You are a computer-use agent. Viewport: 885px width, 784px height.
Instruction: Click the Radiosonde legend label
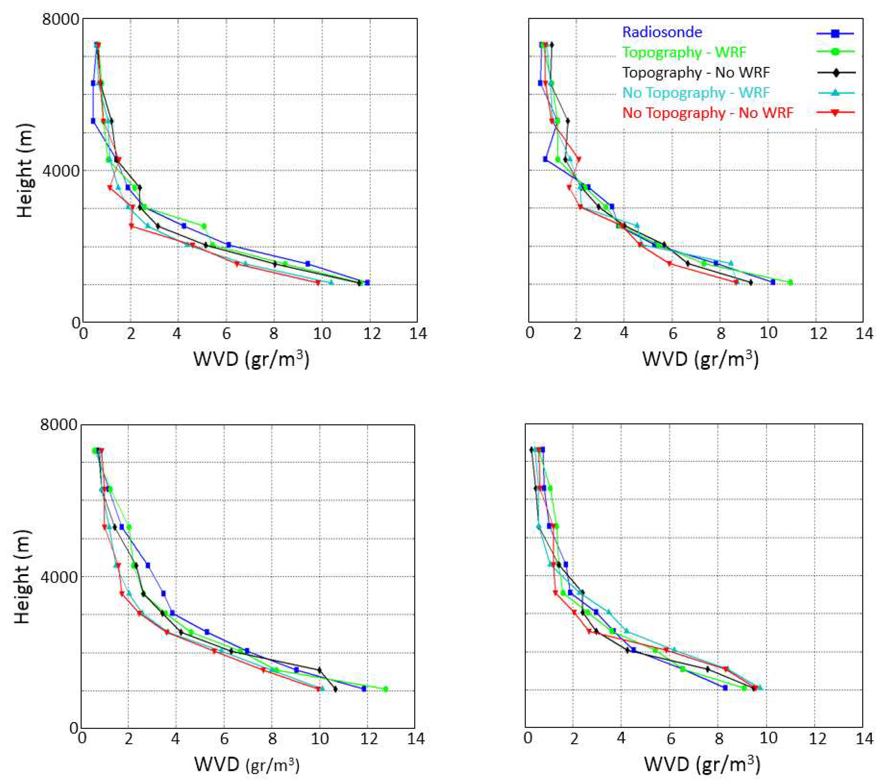pos(662,32)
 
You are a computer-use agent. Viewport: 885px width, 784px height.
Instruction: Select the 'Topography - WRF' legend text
pos(684,52)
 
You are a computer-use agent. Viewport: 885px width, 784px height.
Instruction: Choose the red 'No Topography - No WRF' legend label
pos(707,113)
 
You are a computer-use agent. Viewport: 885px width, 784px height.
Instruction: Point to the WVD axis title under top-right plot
pos(700,359)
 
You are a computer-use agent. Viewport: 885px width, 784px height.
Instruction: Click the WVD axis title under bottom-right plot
pos(702,764)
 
